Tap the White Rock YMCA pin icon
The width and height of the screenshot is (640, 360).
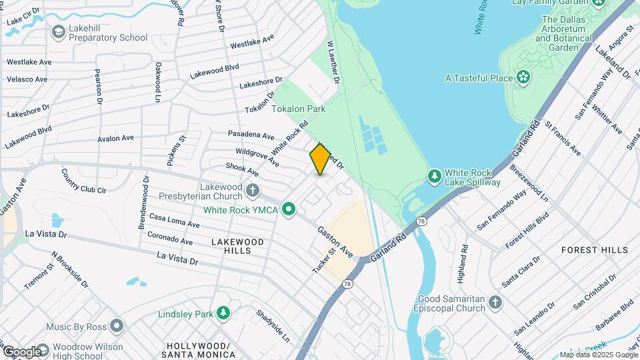pyautogui.click(x=289, y=210)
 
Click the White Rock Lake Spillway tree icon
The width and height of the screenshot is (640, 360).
pyautogui.click(x=435, y=175)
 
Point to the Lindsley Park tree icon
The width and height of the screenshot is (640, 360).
pyautogui.click(x=223, y=313)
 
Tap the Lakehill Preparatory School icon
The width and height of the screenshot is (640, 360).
pyautogui.click(x=59, y=32)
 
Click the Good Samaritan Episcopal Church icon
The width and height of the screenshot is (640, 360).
pyautogui.click(x=494, y=303)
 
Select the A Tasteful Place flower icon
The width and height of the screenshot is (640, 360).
pyautogui.click(x=523, y=78)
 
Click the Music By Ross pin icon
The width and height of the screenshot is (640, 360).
pyautogui.click(x=117, y=327)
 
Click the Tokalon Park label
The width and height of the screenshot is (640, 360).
pyautogui.click(x=298, y=108)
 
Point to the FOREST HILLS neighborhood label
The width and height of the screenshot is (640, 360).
pyautogui.click(x=594, y=250)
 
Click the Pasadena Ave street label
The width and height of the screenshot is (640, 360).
pyautogui.click(x=251, y=135)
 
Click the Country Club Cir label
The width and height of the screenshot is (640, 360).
pyautogui.click(x=83, y=180)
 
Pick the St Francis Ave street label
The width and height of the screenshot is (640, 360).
pyautogui.click(x=562, y=138)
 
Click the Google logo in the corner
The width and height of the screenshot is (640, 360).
pyautogui.click(x=21, y=351)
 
